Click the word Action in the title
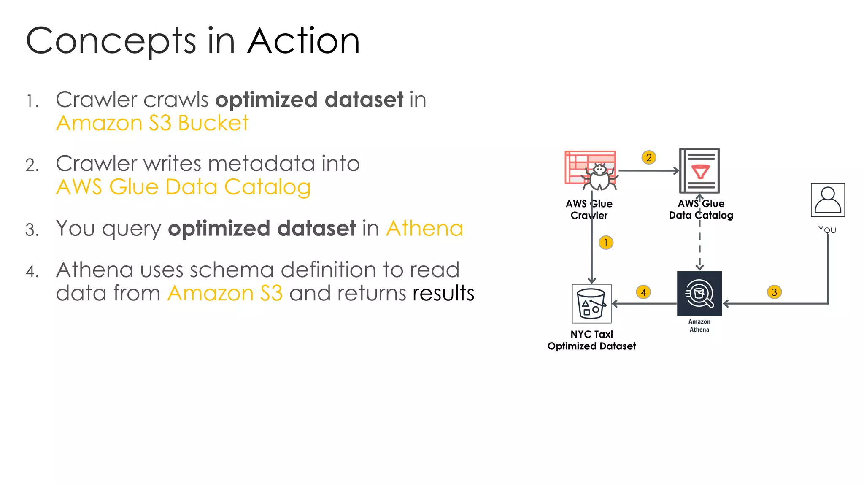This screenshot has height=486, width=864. [x=303, y=41]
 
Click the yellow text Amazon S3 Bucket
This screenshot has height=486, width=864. [x=152, y=123]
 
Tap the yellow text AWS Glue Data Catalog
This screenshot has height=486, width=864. [x=184, y=187]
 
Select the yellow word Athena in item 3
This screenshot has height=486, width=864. [x=424, y=229]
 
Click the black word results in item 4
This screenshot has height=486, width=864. [x=443, y=293]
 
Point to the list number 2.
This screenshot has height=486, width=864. [x=32, y=165]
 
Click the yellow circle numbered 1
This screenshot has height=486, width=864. [x=606, y=243]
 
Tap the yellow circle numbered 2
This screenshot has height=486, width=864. [x=649, y=158]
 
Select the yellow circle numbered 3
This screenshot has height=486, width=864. [x=774, y=292]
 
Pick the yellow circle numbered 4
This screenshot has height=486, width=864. [x=643, y=292]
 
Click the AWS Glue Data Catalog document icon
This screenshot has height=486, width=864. [x=699, y=171]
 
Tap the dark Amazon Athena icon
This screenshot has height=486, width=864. [x=699, y=294]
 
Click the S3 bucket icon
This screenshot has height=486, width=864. [x=591, y=304]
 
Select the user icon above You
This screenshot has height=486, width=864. [x=828, y=200]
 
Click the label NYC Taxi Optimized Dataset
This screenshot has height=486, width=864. [x=591, y=340]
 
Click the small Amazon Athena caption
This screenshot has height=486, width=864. [x=699, y=326]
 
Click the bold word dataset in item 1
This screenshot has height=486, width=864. [x=364, y=100]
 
